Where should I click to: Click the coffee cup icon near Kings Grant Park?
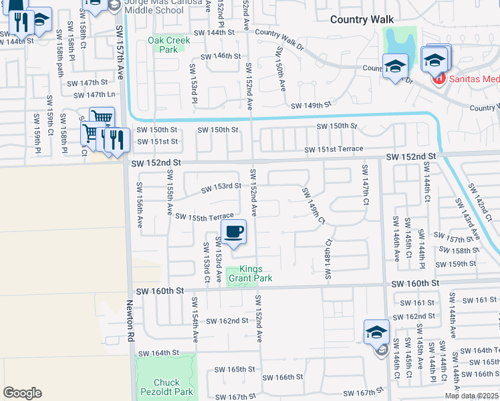[233, 232]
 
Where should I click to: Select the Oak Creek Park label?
[168, 45]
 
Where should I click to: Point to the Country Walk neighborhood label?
[362, 19]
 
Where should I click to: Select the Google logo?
[22, 393]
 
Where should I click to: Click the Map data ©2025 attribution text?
[471, 396]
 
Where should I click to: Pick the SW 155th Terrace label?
[205, 216]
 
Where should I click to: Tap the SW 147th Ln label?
[92, 95]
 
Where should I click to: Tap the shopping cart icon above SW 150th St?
[102, 118]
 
